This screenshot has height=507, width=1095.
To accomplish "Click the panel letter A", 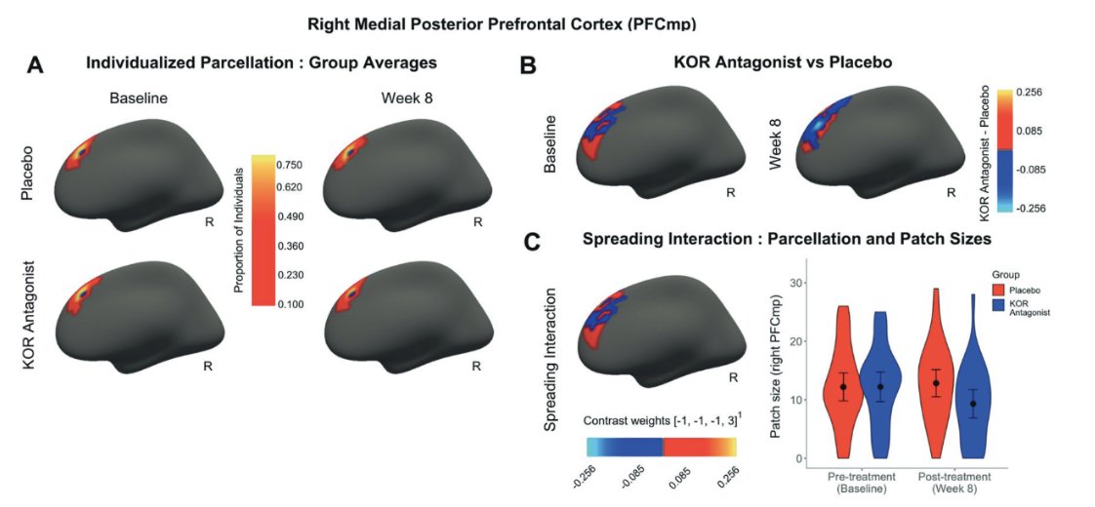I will pos(35,65).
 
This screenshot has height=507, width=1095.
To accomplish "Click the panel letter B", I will pos(528,65).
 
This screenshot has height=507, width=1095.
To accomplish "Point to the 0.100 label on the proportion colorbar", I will pos(291,304).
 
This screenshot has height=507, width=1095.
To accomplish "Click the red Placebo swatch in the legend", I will pos(1000,289).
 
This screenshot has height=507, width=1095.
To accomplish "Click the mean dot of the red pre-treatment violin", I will pos(843,387).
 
